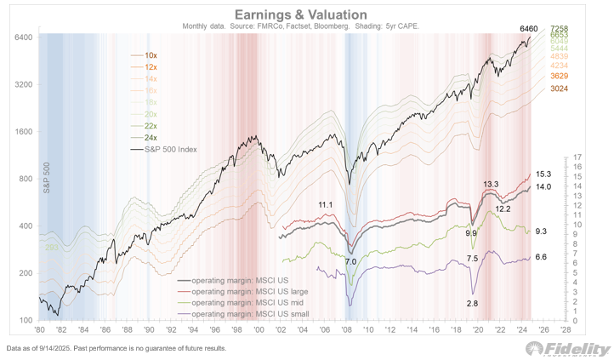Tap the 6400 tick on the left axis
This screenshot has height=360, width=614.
(x=22, y=38)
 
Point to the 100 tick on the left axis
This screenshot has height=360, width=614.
(x=25, y=321)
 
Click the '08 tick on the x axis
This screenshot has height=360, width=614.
(x=346, y=329)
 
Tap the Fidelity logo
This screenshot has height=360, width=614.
(x=568, y=349)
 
